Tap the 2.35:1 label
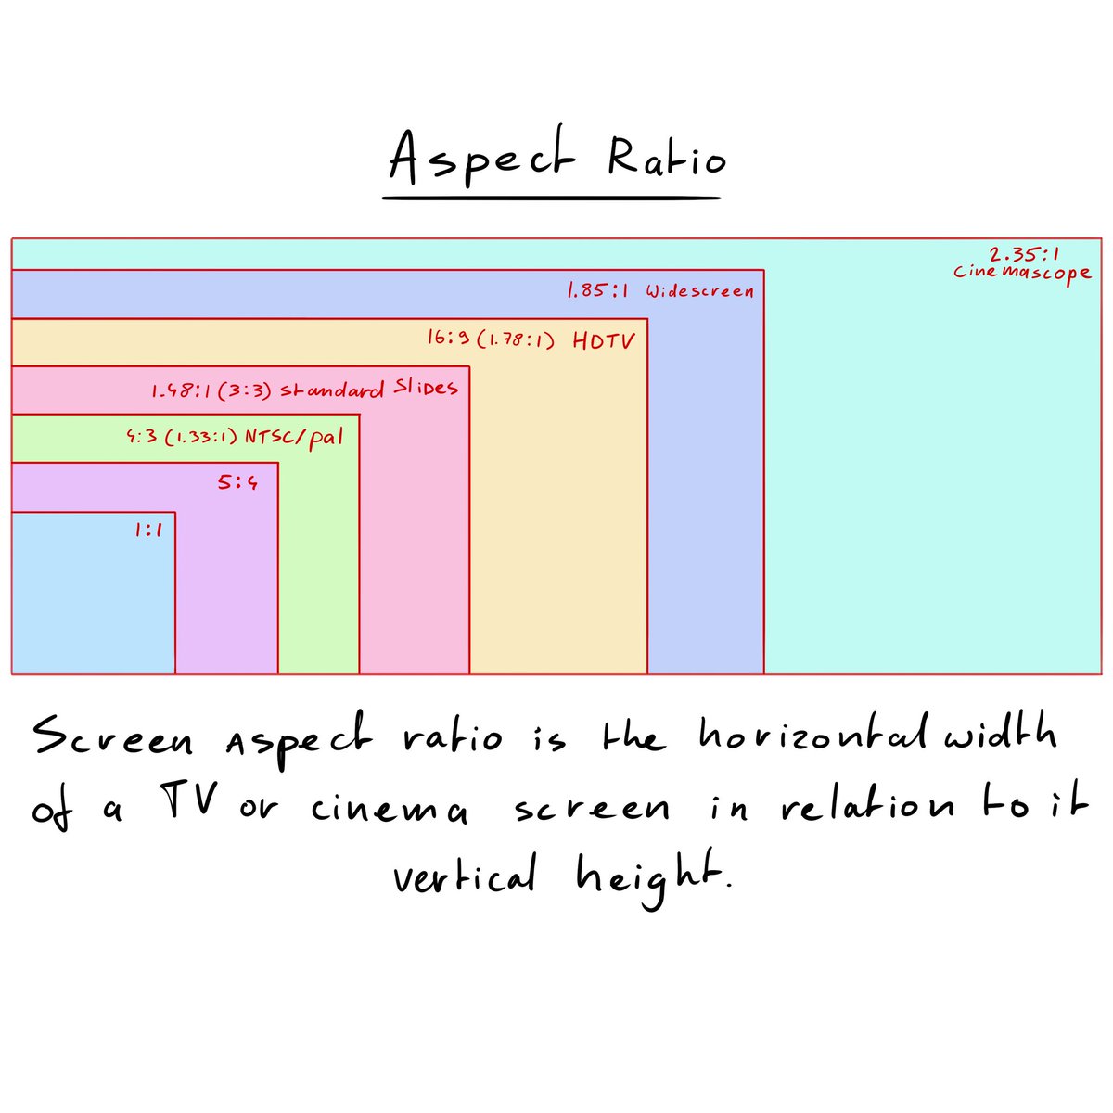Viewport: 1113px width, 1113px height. [1024, 253]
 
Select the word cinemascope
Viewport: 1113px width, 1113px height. [1023, 273]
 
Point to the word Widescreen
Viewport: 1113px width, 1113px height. [699, 291]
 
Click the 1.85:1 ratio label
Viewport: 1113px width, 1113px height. [597, 291]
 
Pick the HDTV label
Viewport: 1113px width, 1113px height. [604, 340]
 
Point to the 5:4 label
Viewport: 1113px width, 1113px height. [237, 482]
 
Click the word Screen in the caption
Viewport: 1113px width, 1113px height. [113, 741]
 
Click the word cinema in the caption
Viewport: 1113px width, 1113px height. [389, 810]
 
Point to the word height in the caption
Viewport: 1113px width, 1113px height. [646, 876]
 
